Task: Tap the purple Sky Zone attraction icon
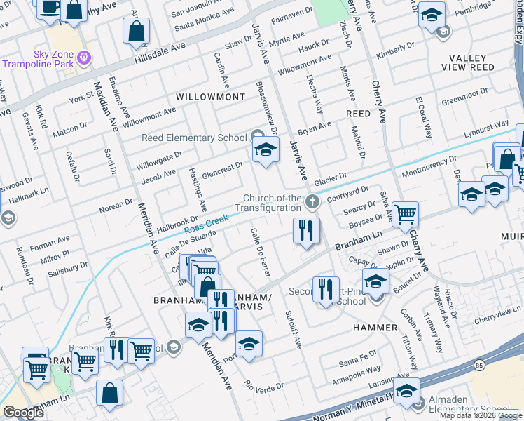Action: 85,56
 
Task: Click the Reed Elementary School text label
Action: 194,138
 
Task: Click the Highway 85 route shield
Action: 478,365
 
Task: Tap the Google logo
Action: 23,413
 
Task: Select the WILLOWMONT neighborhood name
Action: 210,96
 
